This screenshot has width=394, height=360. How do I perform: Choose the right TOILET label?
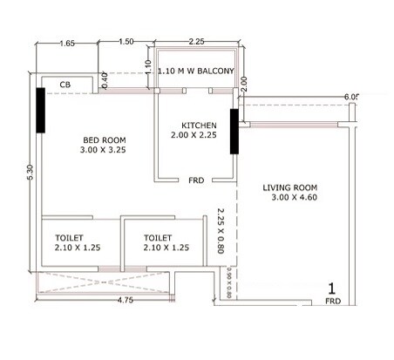(x=160, y=237)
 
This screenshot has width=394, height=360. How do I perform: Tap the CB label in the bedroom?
(x=65, y=85)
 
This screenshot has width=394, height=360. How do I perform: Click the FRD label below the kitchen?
(x=197, y=180)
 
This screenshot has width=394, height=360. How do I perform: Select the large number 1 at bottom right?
(x=332, y=289)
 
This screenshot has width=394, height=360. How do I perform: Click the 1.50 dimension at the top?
(x=126, y=42)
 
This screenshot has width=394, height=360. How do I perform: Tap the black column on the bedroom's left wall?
(x=40, y=110)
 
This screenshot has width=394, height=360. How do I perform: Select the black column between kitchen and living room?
(x=234, y=130)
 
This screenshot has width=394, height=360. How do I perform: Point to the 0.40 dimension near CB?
(x=105, y=78)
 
